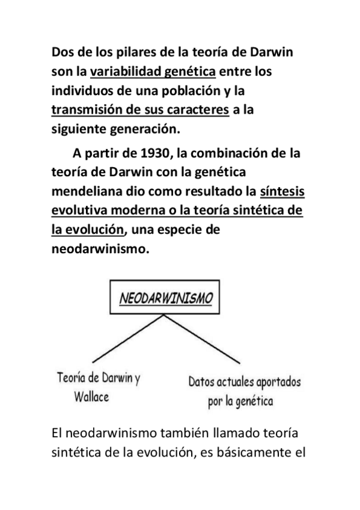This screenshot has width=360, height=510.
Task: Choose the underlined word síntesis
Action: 282,191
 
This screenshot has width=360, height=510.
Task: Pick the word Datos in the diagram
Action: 203,382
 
